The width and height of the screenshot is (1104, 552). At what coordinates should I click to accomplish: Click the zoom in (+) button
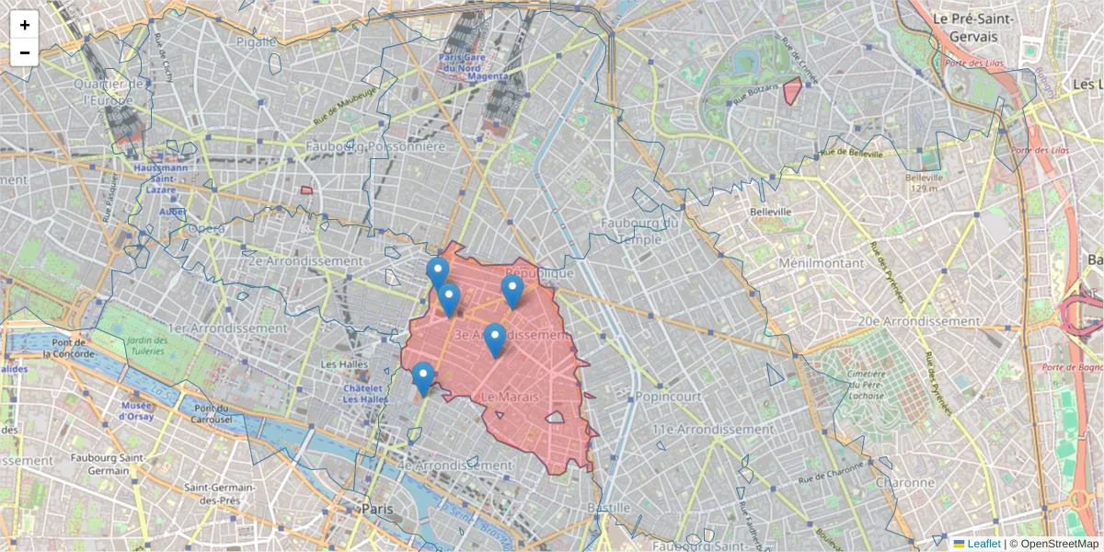coord(25,25)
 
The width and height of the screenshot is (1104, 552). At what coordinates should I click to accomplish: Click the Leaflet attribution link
coord(983,544)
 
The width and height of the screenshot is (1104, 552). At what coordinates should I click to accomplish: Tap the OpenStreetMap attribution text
coord(1059,544)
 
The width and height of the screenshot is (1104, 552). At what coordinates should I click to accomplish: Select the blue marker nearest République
coord(512,291)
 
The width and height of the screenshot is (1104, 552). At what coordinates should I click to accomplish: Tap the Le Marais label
coord(510,397)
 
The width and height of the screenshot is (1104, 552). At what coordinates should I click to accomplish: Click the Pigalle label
coord(256,41)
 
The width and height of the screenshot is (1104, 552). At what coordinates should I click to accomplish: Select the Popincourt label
coord(668,397)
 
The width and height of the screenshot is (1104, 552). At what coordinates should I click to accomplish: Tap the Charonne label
coord(905,483)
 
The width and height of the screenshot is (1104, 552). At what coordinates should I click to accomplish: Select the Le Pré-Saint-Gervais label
coord(972,28)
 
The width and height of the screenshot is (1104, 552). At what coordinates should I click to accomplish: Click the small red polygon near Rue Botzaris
coord(792,91)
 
